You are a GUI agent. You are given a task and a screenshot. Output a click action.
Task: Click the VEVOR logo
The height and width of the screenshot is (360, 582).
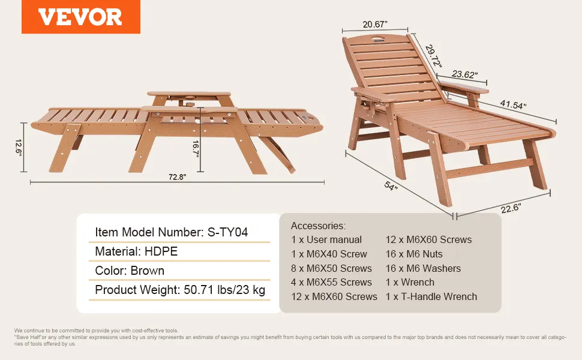[80, 17]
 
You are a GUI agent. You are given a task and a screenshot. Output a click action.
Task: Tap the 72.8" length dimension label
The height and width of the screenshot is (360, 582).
[177, 177]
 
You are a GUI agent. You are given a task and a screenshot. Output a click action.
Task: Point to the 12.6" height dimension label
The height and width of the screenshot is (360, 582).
[19, 148]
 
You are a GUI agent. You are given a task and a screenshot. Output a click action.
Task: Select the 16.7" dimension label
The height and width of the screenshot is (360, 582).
[196, 149]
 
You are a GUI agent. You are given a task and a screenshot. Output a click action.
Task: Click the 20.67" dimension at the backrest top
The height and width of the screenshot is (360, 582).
[375, 25]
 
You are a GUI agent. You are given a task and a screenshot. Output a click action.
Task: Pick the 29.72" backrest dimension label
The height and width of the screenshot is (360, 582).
[433, 56]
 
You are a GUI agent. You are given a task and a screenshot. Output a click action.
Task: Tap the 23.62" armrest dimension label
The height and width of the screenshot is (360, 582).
[464, 74]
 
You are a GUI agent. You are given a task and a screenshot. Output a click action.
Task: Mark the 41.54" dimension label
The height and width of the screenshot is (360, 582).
[513, 104]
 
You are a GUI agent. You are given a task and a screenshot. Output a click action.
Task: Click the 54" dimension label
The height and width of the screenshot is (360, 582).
[391, 185]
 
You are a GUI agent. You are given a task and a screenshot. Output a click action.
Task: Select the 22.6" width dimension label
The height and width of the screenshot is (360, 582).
[511, 208]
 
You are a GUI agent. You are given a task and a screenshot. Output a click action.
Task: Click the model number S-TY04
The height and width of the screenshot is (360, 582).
[227, 232]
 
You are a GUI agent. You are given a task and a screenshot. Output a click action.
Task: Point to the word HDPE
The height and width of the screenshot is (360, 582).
[161, 251]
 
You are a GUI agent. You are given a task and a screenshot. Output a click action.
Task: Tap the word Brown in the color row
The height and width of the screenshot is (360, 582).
[148, 271]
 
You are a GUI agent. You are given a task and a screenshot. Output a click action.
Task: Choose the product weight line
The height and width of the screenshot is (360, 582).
[180, 289]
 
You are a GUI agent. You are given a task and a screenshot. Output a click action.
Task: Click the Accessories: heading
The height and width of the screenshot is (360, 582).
[318, 226]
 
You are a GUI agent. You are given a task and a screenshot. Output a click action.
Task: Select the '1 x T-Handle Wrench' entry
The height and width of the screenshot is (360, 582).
[431, 296]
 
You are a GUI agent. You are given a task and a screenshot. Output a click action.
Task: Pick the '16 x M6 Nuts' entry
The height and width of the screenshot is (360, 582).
[414, 254]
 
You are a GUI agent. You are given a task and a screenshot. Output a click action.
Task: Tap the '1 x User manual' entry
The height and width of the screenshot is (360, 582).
[326, 240]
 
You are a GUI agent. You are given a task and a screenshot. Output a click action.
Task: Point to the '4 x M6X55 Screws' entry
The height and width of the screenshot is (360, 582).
[331, 282]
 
